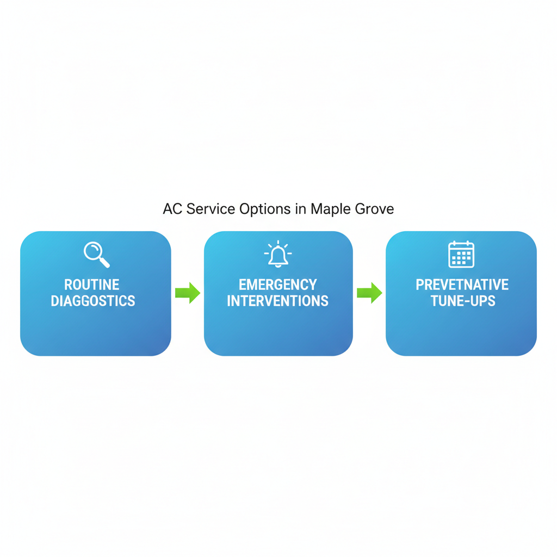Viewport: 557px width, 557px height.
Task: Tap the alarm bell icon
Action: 278,255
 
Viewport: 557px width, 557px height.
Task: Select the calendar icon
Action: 461,255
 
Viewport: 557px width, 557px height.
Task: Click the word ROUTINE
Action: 92,284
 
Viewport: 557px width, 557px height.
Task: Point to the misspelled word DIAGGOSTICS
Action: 93,301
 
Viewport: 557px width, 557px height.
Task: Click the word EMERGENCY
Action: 278,284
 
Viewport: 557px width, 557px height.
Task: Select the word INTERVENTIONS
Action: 278,301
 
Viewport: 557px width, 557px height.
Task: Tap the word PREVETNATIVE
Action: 462,284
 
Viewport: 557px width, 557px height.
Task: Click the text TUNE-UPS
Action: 462,301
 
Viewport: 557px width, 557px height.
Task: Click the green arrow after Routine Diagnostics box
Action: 188,293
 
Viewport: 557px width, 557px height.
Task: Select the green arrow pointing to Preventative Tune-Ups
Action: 369,293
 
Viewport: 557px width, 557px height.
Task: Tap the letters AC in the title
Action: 172,209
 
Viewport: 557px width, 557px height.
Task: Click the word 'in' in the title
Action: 301,209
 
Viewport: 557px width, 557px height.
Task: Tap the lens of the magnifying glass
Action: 93,251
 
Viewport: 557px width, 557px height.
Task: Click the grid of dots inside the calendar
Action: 461,258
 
